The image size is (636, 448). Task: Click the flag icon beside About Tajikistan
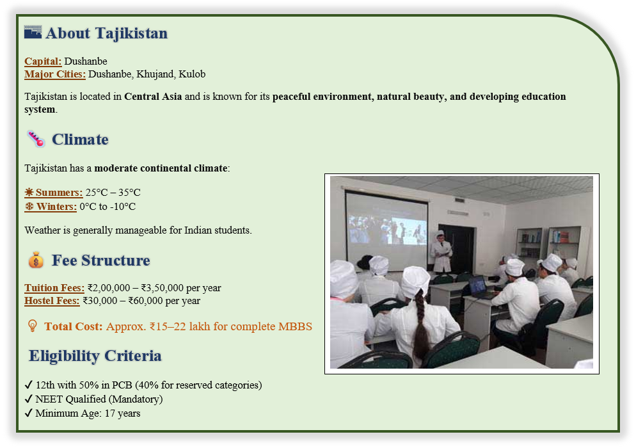coord(33,32)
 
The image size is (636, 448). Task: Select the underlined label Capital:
coord(43,61)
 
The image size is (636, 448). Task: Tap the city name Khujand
coord(155,74)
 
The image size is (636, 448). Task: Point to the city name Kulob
coord(192,74)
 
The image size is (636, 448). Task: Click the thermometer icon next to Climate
coord(36,139)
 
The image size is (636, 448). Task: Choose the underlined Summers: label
coord(54,193)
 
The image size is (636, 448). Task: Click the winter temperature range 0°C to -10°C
coord(107,207)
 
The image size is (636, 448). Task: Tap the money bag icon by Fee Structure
coord(36,260)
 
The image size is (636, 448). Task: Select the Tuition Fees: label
coord(54,288)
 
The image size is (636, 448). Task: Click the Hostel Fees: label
coord(52,301)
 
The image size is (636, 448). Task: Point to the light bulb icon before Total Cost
coord(33,326)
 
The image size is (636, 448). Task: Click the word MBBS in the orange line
coord(295,326)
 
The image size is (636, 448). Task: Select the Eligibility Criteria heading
coord(95,356)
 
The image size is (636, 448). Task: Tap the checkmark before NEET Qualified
coord(28,399)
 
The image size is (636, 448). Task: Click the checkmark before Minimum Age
coord(28,413)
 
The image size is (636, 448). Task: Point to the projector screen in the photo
coord(386,230)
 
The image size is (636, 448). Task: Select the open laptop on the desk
coord(480,287)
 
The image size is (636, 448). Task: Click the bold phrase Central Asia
coord(153,97)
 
